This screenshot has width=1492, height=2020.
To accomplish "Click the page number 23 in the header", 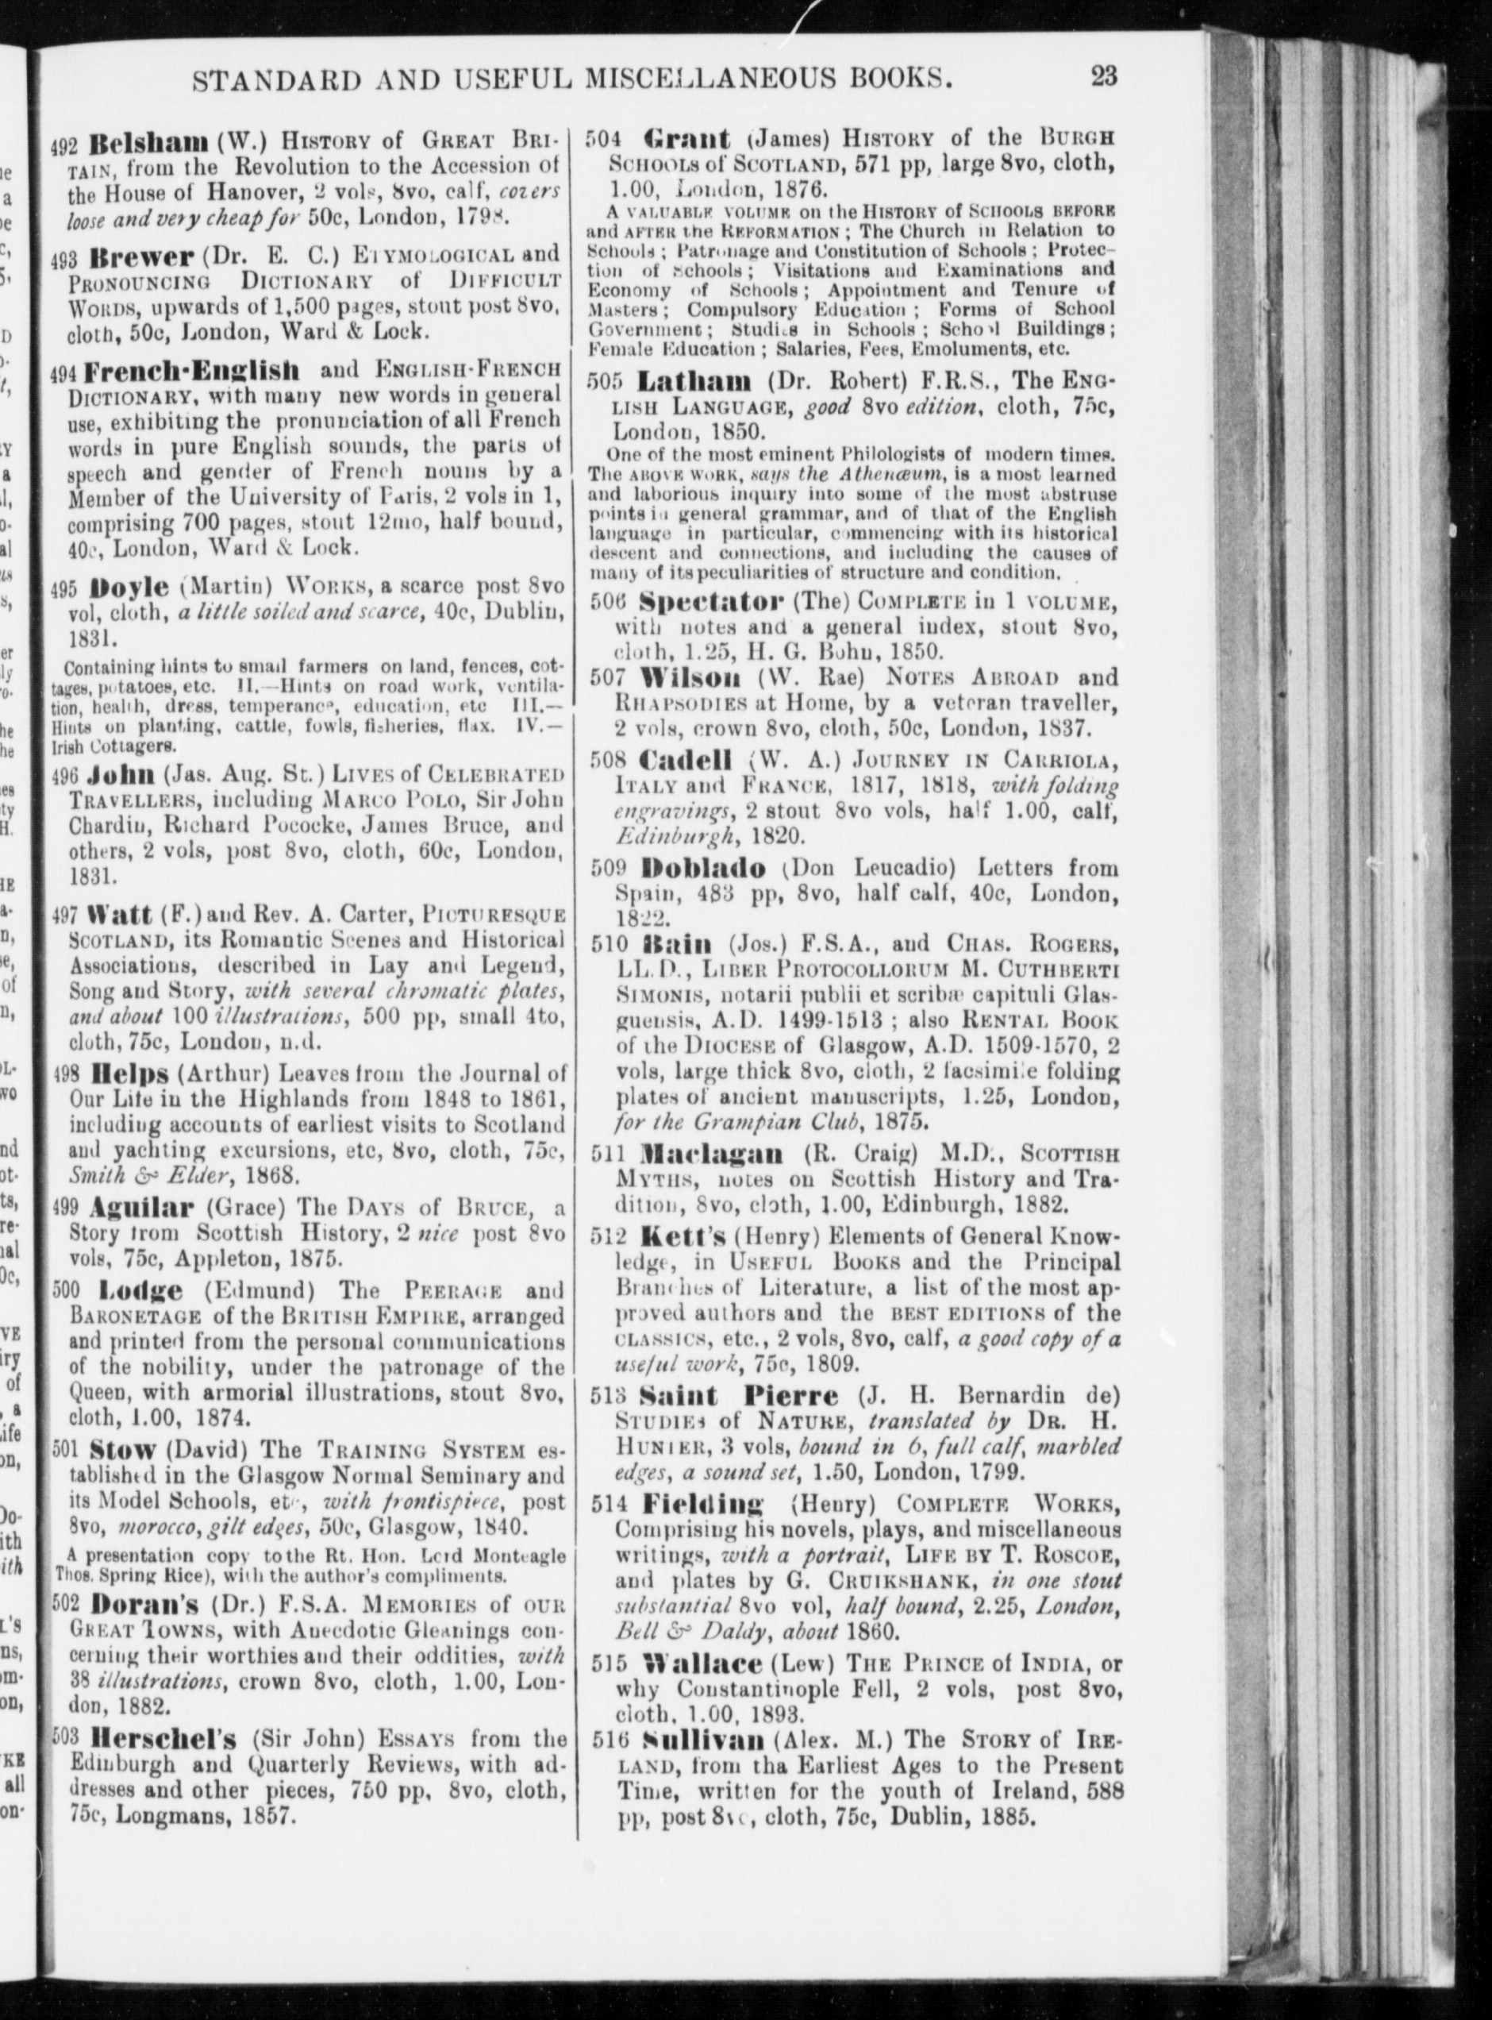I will click(1104, 76).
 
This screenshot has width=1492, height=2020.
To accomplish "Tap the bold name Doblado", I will click(702, 870).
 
